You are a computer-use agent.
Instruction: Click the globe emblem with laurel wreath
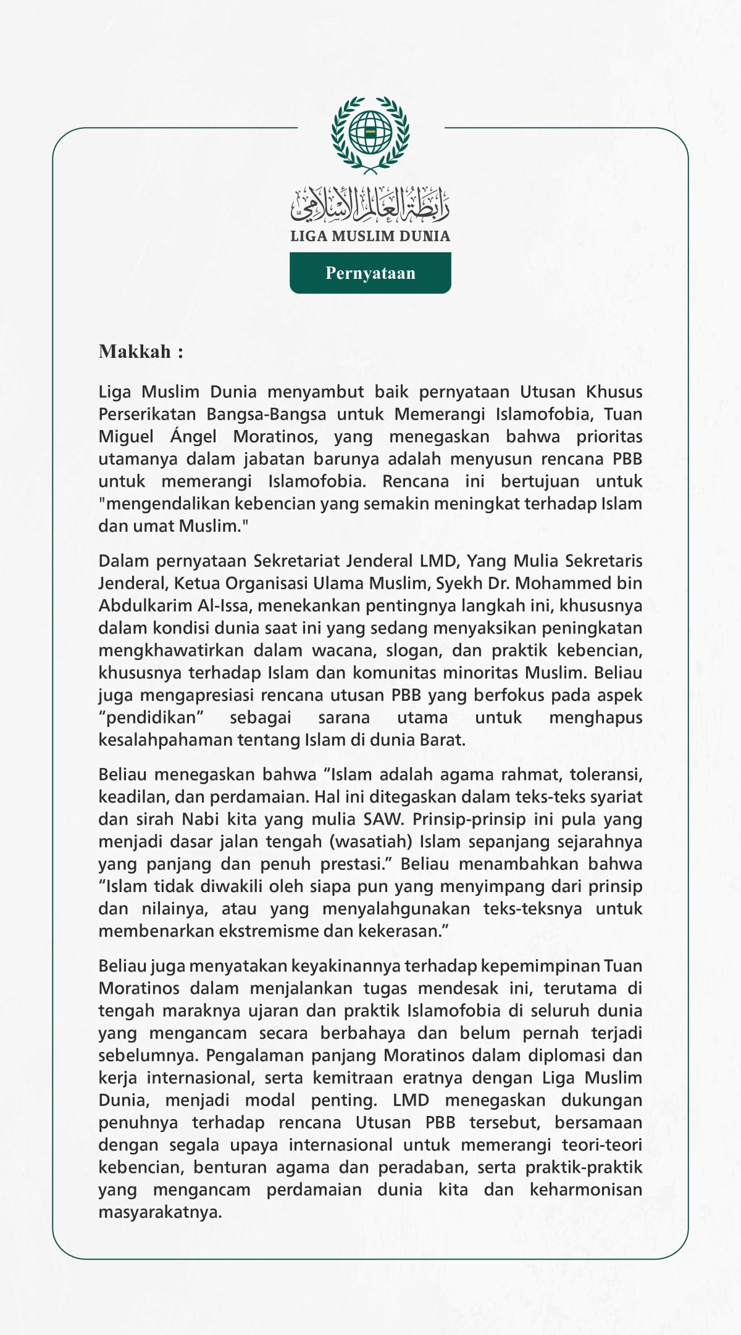pyautogui.click(x=371, y=134)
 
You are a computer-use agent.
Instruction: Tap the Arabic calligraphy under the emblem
pyautogui.click(x=371, y=205)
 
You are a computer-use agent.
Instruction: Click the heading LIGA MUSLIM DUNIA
pyautogui.click(x=371, y=236)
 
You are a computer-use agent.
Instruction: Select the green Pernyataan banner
pyautogui.click(x=371, y=273)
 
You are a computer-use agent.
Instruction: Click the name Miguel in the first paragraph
pyautogui.click(x=126, y=437)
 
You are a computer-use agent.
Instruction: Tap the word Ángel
pyautogui.click(x=193, y=437)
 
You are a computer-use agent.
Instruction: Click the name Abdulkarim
pyautogui.click(x=145, y=606)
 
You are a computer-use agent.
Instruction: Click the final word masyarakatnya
pyautogui.click(x=160, y=1212)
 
